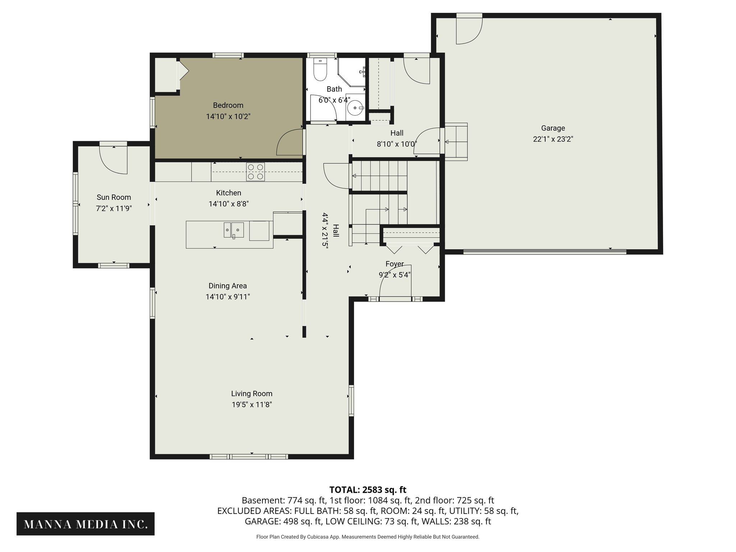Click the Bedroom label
point(228,105)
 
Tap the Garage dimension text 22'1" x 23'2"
point(553,139)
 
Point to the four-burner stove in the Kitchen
point(256,172)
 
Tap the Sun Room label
point(114,197)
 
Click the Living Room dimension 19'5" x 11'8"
point(252,405)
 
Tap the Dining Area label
point(227,286)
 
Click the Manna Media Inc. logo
point(86,524)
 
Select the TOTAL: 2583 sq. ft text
point(368,490)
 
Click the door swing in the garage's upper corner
point(469,31)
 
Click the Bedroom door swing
point(290,143)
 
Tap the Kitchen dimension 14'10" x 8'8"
point(229,204)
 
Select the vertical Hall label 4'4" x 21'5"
point(330,230)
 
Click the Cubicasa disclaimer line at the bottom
point(368,537)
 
